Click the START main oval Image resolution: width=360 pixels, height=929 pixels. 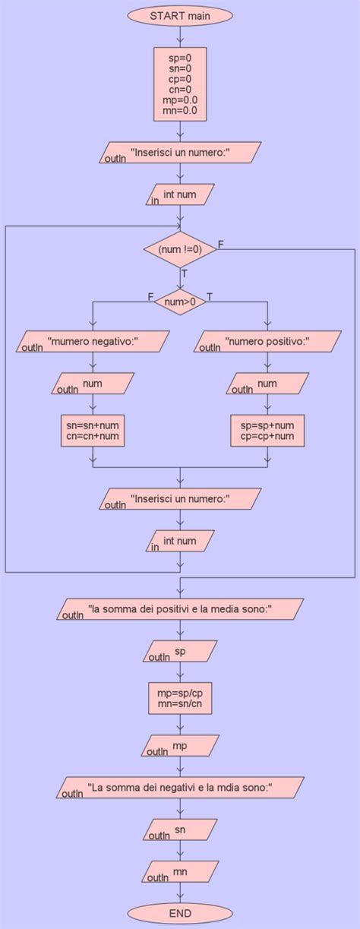point(180,14)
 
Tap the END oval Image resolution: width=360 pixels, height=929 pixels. point(180,912)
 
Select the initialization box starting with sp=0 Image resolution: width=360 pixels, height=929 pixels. point(180,84)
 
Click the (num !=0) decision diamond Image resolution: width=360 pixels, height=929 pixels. point(180,248)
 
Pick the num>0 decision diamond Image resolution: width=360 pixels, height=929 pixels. point(180,302)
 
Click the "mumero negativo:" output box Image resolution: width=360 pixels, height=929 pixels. point(93,342)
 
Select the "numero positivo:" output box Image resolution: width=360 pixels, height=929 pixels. point(267,342)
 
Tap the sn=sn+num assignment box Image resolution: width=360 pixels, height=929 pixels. point(93,431)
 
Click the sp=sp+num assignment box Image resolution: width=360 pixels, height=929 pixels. point(267,431)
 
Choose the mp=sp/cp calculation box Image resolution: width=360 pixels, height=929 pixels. point(180,698)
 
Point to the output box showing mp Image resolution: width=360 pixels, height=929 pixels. point(180,746)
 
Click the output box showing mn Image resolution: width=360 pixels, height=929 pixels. point(180,871)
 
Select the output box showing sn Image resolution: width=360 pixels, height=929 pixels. point(180,830)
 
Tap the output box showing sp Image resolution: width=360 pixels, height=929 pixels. point(180,652)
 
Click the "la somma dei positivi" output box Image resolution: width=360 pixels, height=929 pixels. point(180,609)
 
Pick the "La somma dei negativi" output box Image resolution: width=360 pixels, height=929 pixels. point(180,788)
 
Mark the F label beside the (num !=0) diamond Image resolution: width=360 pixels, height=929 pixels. point(221,244)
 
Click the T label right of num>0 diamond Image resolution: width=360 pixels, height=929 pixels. point(210,296)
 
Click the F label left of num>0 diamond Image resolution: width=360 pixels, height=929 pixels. point(150,296)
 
